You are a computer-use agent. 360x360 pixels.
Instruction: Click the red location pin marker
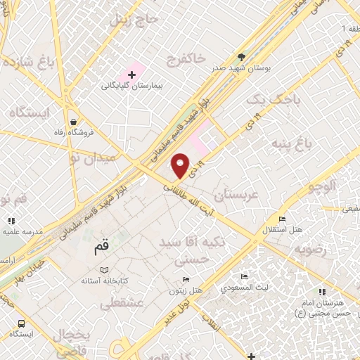181,165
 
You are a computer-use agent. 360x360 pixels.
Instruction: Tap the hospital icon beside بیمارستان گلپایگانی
131,74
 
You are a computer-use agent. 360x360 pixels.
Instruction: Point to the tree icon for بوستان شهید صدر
243,57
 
